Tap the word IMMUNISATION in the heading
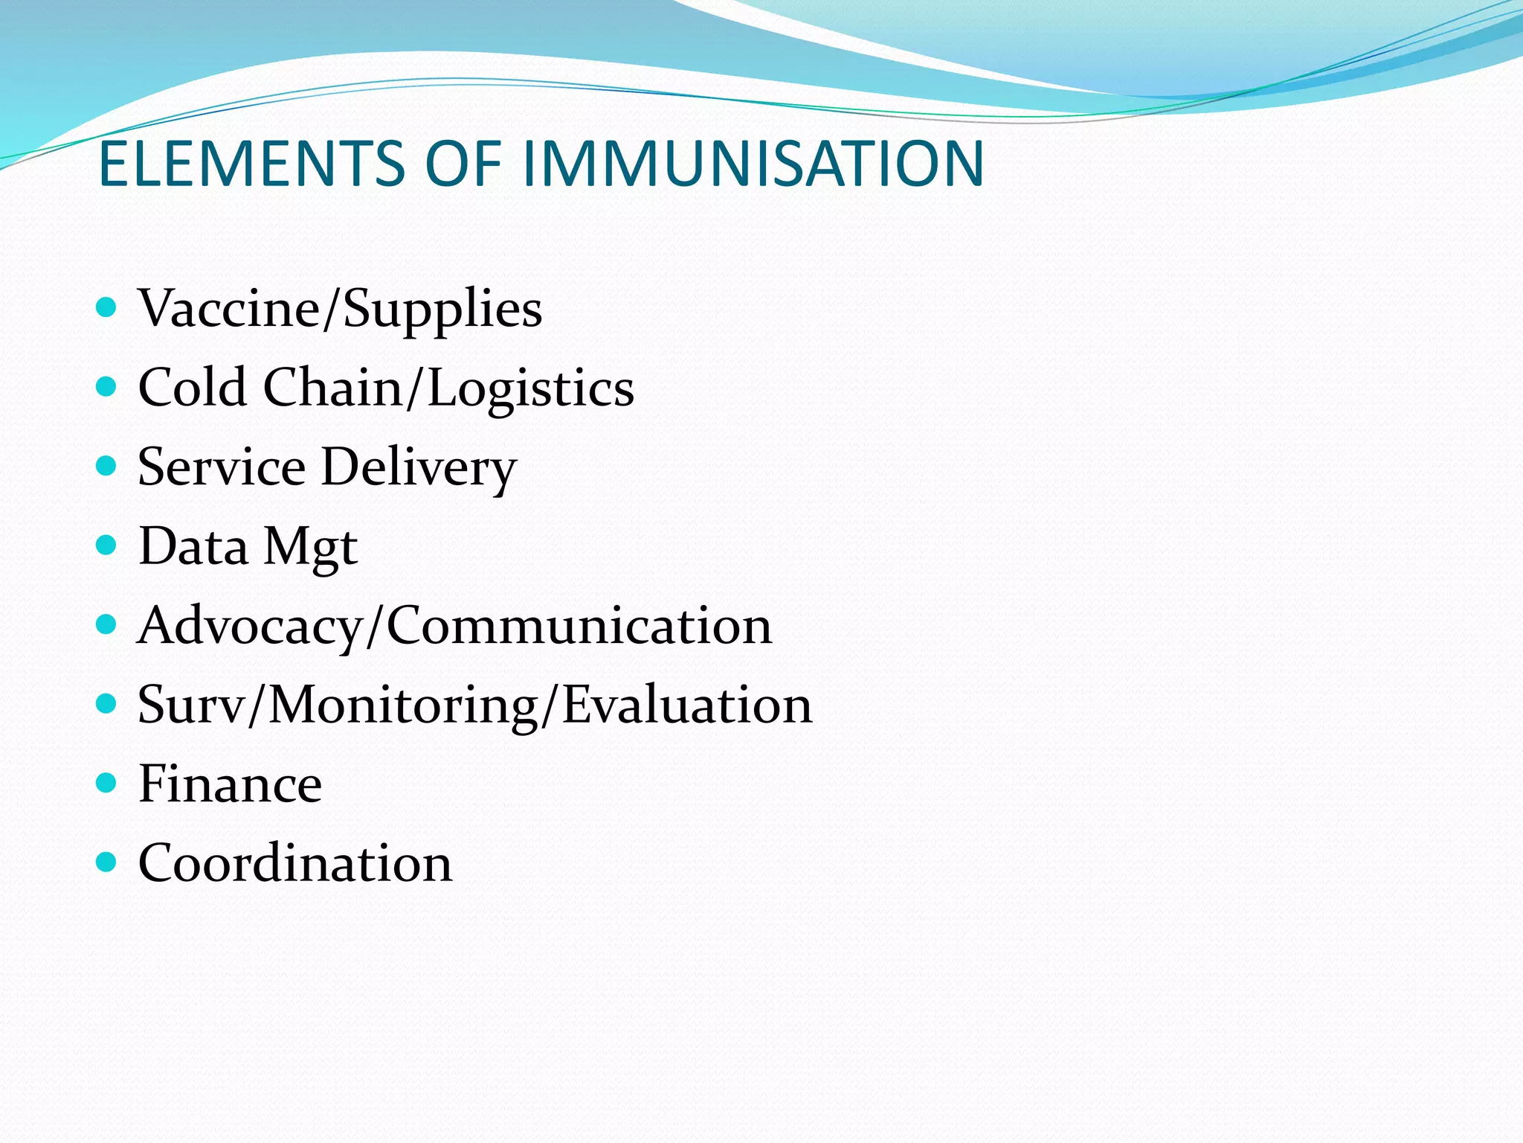753,164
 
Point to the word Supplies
442,310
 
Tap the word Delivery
419,468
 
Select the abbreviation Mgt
311,548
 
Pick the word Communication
579,626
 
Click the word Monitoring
404,705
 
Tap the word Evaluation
686,705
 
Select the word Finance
230,784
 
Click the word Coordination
294,863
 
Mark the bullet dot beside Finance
107,783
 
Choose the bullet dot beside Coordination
107,862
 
